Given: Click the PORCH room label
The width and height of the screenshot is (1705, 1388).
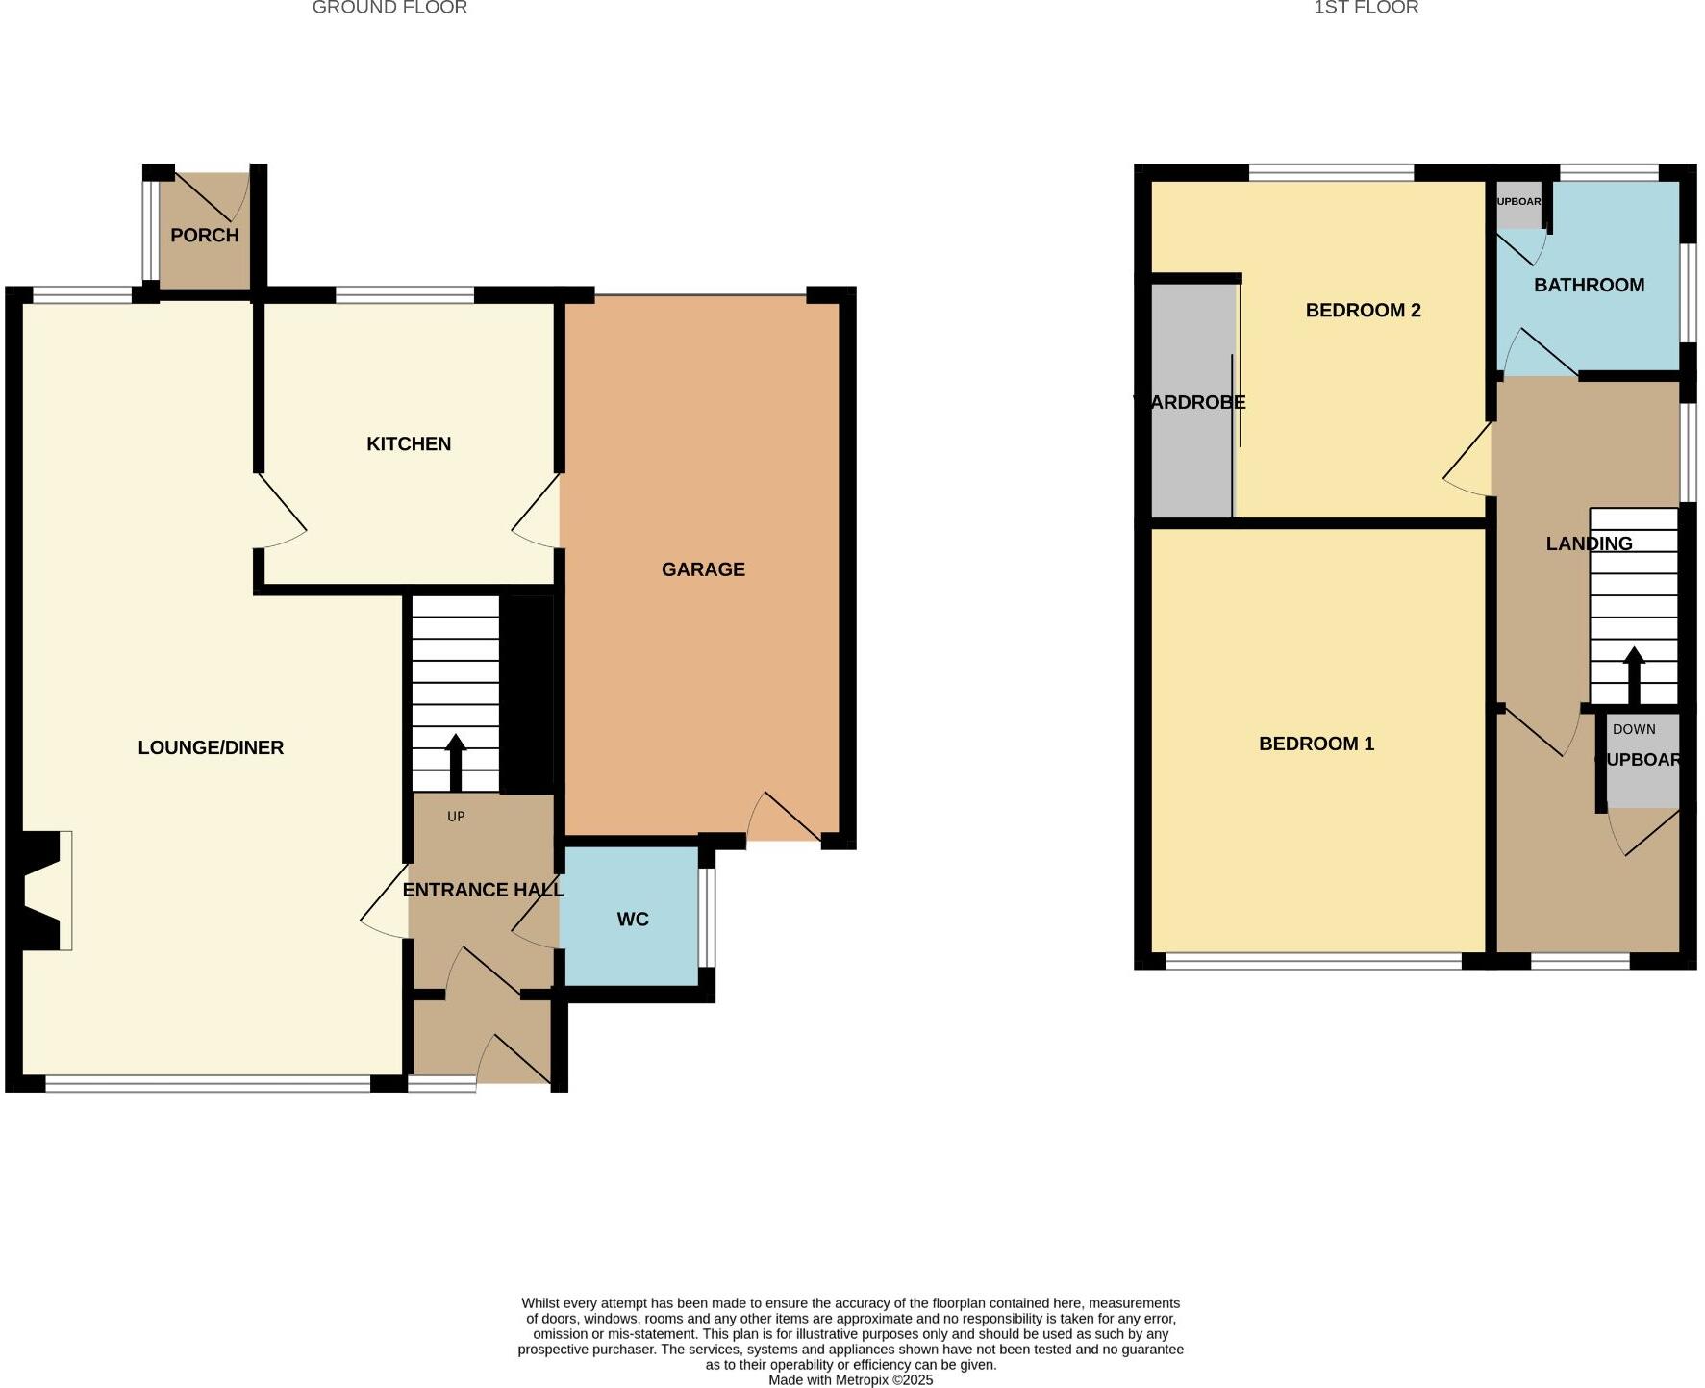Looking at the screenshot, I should coord(204,235).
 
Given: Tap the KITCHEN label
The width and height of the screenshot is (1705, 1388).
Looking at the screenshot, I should coord(409,443).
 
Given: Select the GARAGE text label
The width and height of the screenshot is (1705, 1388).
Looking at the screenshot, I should coord(703,569).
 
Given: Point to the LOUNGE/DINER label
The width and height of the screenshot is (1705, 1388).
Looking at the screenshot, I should coord(211,747).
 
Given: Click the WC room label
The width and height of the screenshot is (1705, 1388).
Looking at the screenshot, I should coord(633,920).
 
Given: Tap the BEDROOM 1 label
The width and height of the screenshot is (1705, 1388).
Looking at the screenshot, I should coord(1316,744).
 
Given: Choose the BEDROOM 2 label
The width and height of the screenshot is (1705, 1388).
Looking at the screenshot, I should coord(1363,310).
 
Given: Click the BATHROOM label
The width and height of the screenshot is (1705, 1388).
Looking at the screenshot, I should coord(1589,285).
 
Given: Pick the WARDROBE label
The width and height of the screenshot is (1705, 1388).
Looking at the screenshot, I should coord(1191,402).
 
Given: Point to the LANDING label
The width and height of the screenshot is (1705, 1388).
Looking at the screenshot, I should coord(1589,543).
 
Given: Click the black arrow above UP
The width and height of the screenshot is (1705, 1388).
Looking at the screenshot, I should coord(456,762).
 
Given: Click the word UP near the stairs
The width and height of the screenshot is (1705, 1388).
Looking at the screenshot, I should coord(456,817).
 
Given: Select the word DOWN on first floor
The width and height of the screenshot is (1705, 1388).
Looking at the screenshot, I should coord(1634,729).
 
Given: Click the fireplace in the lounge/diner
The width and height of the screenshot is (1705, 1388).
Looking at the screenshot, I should coord(43,891).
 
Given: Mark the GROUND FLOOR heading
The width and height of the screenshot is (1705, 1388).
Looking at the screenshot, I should coord(389,8).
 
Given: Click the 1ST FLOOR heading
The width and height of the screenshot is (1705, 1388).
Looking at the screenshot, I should coord(1366,8).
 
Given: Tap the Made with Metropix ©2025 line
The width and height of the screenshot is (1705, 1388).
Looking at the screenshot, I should coord(850,1379).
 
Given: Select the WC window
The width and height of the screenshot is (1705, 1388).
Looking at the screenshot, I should coord(707,917).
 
